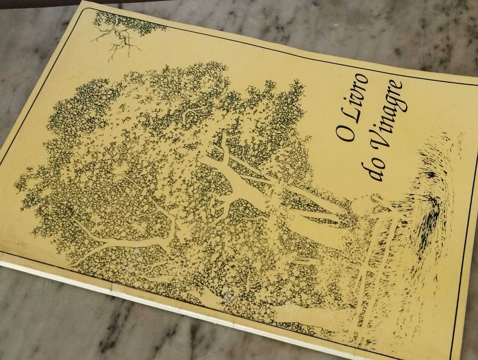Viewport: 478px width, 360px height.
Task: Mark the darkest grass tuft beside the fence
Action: (429, 216)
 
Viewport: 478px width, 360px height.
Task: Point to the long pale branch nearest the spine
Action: (118, 247)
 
